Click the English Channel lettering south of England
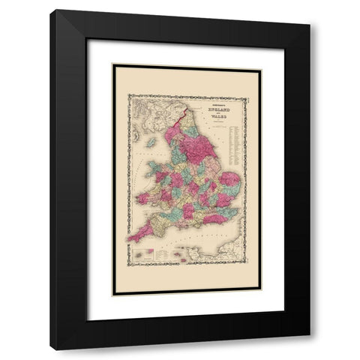pos(187,240)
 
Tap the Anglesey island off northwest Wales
pos(156,164)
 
